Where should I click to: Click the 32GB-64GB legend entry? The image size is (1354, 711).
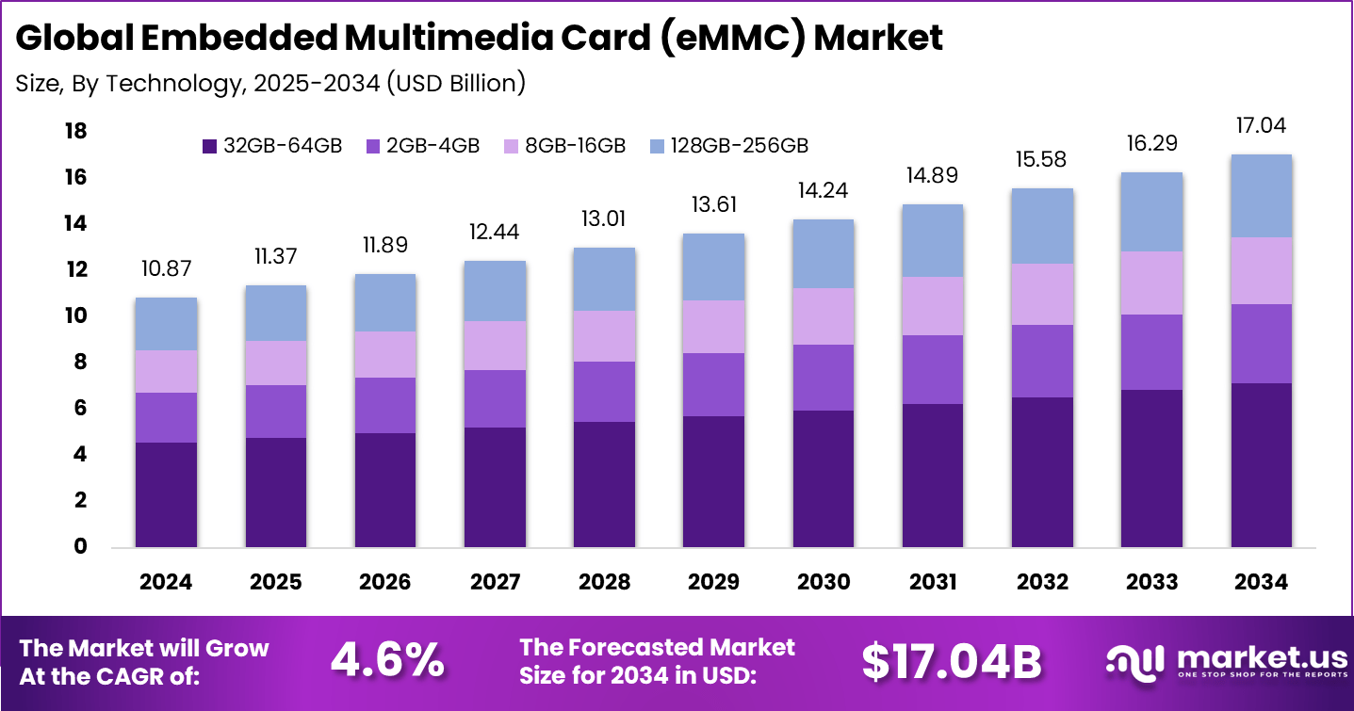coord(272,146)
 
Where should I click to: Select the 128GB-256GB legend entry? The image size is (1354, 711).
coord(729,146)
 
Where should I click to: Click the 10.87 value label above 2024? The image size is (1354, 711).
coord(166,268)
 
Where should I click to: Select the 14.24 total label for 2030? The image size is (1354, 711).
coord(823,190)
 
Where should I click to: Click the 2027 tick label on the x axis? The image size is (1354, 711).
coord(495,582)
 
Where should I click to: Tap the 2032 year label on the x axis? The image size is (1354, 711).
coord(1041,582)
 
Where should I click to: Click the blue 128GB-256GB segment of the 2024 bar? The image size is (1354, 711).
coord(166,324)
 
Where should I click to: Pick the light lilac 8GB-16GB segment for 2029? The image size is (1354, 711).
coord(713,327)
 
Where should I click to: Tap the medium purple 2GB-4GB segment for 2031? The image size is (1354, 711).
coord(932,369)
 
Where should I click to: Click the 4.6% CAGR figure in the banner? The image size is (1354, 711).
coord(387,661)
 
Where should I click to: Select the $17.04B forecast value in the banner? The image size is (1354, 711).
coord(951,661)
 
